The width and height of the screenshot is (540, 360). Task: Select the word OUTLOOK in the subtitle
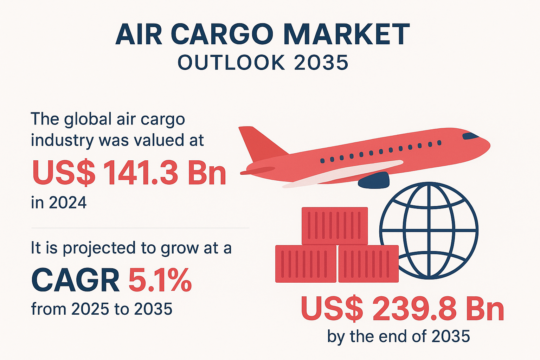pyautogui.click(x=231, y=63)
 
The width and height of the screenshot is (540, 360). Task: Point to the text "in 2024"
pyautogui.click(x=59, y=202)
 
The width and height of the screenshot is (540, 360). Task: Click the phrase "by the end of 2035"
pyautogui.click(x=398, y=336)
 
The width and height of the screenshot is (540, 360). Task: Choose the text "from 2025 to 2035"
pyautogui.click(x=102, y=309)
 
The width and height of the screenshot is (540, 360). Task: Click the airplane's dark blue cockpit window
pyautogui.click(x=470, y=136)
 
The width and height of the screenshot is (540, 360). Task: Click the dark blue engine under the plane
pyautogui.click(x=374, y=180)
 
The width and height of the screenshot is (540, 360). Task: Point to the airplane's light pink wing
pyautogui.click(x=342, y=174)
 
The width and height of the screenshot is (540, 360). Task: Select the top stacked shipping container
pyautogui.click(x=335, y=226)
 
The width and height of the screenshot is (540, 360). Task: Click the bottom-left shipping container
pyautogui.click(x=306, y=264)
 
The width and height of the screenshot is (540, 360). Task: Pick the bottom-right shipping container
pyautogui.click(x=368, y=264)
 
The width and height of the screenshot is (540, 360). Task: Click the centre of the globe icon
pyautogui.click(x=429, y=231)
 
